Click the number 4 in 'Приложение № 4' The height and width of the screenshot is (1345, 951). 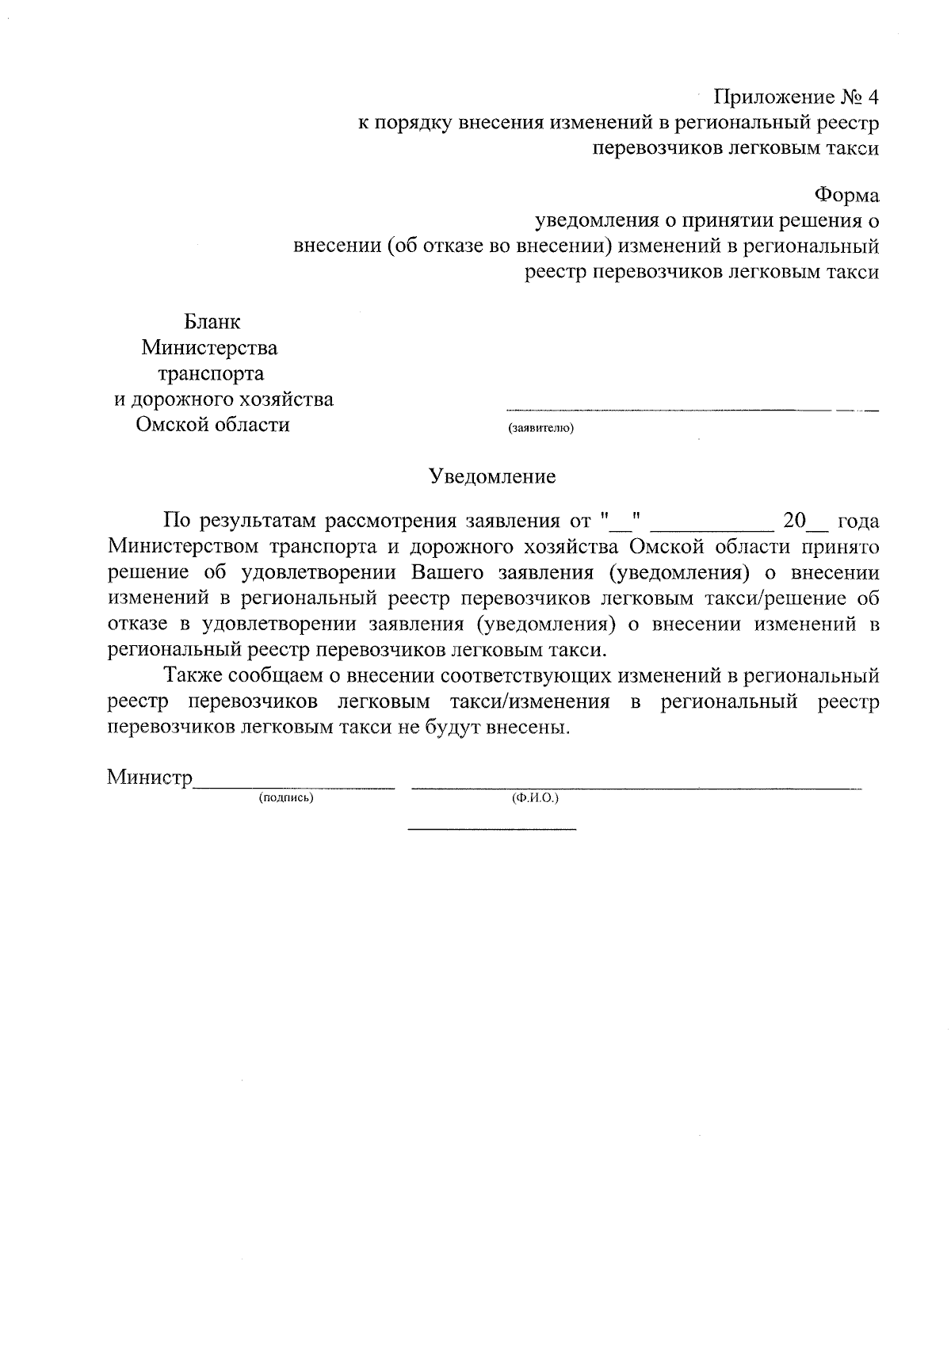(873, 97)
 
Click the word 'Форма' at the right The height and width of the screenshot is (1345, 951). (846, 194)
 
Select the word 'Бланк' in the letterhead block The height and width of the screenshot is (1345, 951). (212, 322)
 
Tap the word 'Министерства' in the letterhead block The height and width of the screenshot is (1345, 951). (209, 348)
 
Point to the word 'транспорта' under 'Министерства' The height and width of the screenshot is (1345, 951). (212, 373)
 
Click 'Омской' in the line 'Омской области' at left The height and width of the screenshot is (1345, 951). (171, 425)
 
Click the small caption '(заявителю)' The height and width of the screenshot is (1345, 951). (540, 429)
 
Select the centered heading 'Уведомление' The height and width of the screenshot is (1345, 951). (492, 476)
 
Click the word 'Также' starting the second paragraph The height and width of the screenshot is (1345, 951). (191, 676)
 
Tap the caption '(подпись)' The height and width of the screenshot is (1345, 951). (286, 798)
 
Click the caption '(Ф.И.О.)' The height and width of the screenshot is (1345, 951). (536, 798)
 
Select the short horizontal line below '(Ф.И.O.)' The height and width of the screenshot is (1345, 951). (491, 830)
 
